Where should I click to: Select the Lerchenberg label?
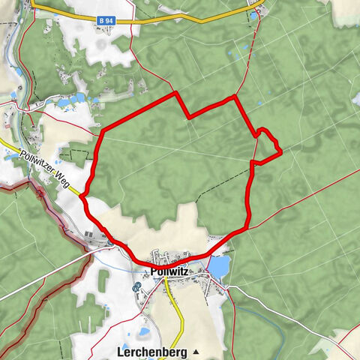click(152, 351)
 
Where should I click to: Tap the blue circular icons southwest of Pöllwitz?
click(136, 287)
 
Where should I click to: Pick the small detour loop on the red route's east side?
click(268, 145)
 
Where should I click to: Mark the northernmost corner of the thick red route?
click(175, 93)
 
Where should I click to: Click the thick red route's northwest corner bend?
click(102, 132)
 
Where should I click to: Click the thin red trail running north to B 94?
click(257, 45)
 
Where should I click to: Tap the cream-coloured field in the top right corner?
click(341, 11)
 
